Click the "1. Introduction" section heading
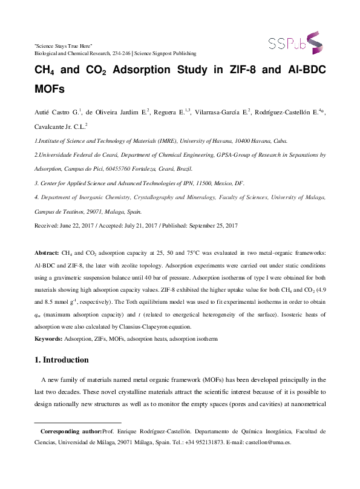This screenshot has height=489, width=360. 63,359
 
